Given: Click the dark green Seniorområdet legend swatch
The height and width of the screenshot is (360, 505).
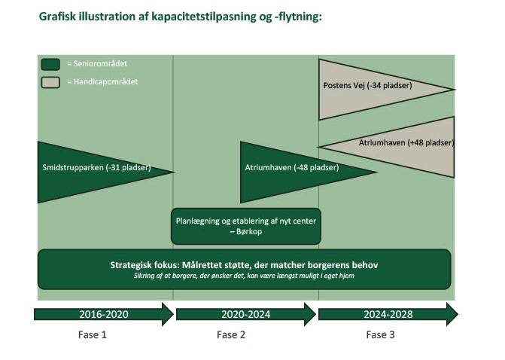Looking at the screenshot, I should pos(50,64).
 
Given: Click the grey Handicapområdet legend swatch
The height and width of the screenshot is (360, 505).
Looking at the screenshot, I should pos(50,81).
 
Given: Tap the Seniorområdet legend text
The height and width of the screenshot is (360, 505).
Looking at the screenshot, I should pos(93,64).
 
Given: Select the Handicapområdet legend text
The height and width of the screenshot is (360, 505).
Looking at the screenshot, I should pos(96,81).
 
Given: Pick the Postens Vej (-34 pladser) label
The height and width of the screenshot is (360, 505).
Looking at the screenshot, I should pos(367,86).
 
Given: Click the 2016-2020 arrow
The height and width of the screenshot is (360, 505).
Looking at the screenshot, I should pos(102,313).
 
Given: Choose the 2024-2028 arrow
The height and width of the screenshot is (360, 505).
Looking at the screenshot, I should pos(387,313).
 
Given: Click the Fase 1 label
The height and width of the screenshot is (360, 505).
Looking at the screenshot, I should pos(93,334).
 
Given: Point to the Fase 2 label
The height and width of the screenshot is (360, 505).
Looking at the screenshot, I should pos(231,334).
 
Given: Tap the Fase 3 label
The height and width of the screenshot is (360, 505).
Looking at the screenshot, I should pos(380,334).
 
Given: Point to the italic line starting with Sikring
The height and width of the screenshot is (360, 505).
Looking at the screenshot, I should pos(244,276).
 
